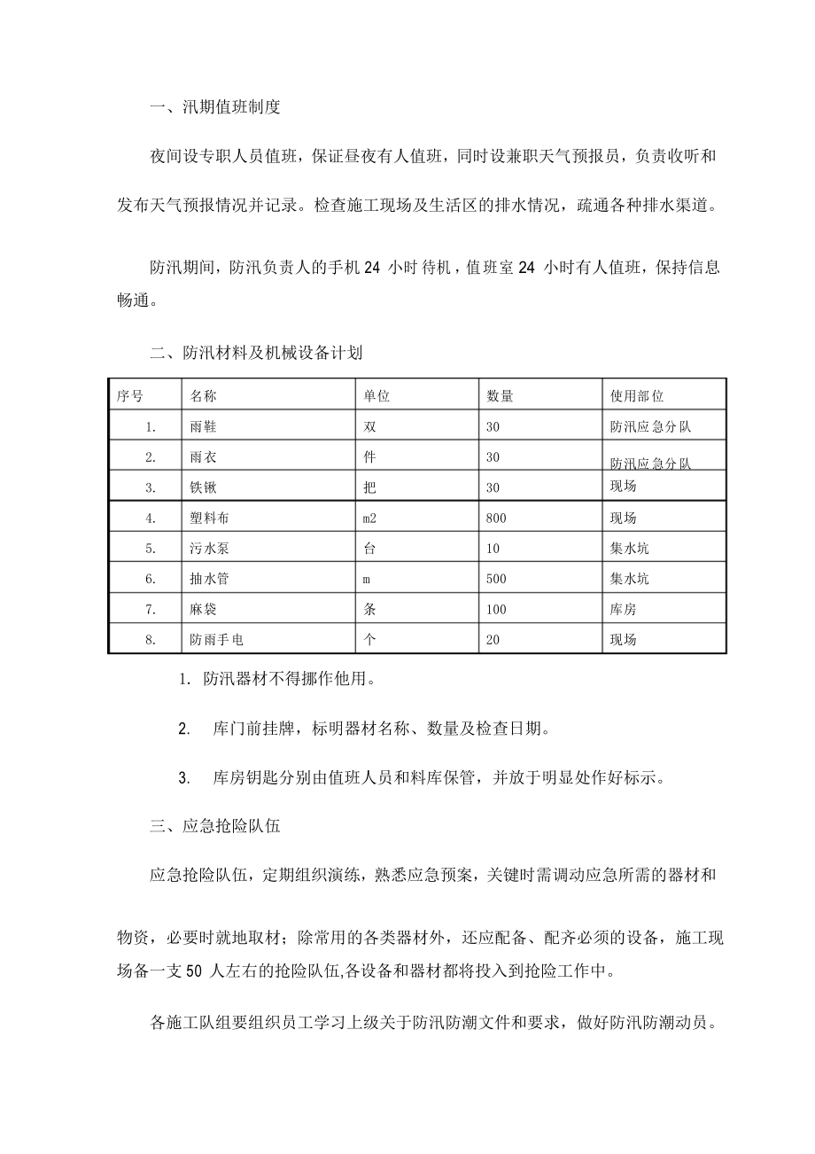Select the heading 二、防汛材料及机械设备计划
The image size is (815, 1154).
257,353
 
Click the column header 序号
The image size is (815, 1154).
129,396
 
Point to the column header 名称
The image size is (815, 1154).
203,396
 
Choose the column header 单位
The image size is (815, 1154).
376,396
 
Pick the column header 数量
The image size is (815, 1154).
500,396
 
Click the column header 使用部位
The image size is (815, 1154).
637,396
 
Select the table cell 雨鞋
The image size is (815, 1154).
203,426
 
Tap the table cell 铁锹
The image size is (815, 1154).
203,487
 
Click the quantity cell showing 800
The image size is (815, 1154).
496,518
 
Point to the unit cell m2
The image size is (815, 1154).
371,518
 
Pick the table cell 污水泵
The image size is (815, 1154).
209,549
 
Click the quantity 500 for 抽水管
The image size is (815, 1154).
496,579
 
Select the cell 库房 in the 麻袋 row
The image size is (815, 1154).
624,609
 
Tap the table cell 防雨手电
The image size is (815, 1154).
216,639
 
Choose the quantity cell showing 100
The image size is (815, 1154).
496,609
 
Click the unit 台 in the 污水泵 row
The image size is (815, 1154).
370,549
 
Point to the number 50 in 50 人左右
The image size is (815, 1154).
196,970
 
